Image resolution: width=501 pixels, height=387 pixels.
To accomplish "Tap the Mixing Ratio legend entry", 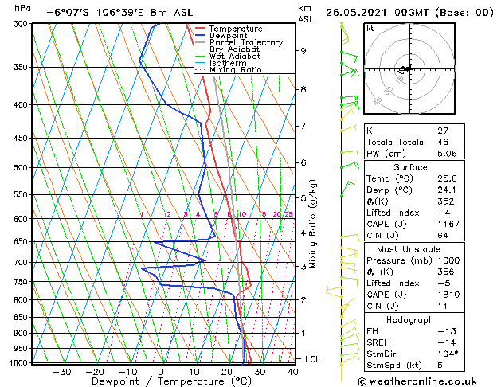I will tap(235, 70).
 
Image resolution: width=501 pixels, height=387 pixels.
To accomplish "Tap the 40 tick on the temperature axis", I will tap(293, 372).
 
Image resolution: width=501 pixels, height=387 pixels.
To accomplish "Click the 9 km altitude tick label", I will tap(303, 51).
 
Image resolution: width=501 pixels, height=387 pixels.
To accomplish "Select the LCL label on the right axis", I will tap(312, 360).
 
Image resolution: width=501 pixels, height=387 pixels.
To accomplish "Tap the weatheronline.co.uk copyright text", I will tap(423, 380).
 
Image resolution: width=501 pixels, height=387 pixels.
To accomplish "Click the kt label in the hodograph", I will tap(370, 29).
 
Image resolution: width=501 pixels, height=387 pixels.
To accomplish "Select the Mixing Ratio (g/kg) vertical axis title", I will tap(313, 223).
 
